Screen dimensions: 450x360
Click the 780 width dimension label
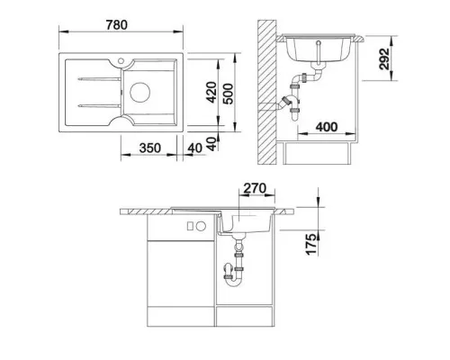(x=117, y=25)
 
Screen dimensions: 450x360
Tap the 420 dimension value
(x=211, y=93)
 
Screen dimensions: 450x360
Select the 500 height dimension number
(x=229, y=94)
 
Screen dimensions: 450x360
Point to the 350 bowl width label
(x=150, y=148)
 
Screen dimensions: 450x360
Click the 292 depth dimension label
(x=384, y=58)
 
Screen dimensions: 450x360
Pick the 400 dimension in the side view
(x=327, y=127)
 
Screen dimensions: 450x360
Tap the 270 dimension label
(x=255, y=188)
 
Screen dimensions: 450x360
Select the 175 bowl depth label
(x=311, y=244)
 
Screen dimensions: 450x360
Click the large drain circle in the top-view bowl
(x=139, y=92)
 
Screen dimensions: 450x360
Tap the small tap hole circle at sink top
(x=121, y=61)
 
